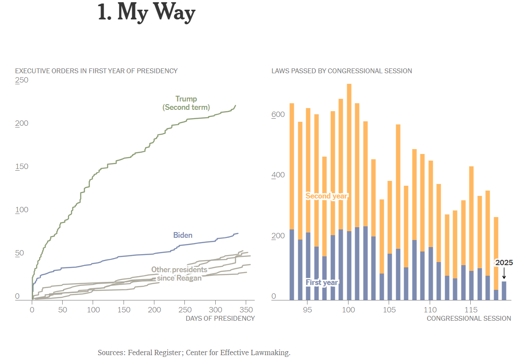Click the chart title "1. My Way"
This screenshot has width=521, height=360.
tap(146, 13)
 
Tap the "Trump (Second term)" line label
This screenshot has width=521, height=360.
tap(186, 103)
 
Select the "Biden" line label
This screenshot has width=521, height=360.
tap(183, 235)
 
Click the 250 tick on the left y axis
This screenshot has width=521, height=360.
tap(22, 80)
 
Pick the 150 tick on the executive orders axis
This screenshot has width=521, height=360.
tap(22, 166)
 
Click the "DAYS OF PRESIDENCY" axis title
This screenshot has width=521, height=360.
tap(220, 318)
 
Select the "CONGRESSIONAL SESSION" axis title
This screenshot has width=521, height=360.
tap(469, 318)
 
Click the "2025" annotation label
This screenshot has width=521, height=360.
tap(504, 262)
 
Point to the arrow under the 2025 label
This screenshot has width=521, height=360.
tap(504, 274)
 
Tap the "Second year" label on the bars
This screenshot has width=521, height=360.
tap(326, 196)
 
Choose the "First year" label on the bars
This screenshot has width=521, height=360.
tap(322, 282)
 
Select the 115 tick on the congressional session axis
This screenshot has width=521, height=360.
tap(471, 310)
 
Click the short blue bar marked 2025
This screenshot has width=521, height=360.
tap(504, 291)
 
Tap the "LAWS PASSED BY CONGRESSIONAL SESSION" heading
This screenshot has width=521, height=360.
tap(341, 71)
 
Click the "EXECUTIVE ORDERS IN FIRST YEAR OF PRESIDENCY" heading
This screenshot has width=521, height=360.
tap(96, 71)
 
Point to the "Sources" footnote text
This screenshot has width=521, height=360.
tap(194, 352)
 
